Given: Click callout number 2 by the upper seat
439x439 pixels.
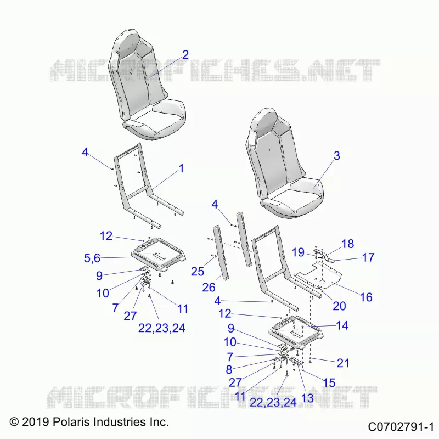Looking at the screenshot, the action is (185, 54).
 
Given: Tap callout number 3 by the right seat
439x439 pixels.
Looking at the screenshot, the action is (337, 156).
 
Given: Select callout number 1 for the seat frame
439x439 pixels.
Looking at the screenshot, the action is (182, 168).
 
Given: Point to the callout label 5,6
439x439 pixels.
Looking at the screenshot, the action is (92, 258).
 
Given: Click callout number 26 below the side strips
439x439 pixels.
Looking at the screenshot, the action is (209, 287).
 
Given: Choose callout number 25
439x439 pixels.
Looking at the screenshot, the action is (198, 271).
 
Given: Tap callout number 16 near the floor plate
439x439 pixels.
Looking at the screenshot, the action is (366, 297).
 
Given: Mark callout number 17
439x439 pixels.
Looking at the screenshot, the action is (368, 257).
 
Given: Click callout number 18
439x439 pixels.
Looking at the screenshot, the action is (348, 244).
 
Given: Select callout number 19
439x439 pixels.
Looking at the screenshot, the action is (298, 252).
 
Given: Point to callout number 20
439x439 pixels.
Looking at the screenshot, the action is (339, 306).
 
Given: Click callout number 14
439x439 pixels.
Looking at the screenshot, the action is (342, 325).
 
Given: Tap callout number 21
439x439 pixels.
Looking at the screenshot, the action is (344, 363).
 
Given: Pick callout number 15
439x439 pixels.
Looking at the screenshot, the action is (329, 382).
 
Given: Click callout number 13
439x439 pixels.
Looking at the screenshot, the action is (307, 398).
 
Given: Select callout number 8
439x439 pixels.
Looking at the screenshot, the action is (229, 369).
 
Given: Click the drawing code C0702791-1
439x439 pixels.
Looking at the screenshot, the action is (401, 427).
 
